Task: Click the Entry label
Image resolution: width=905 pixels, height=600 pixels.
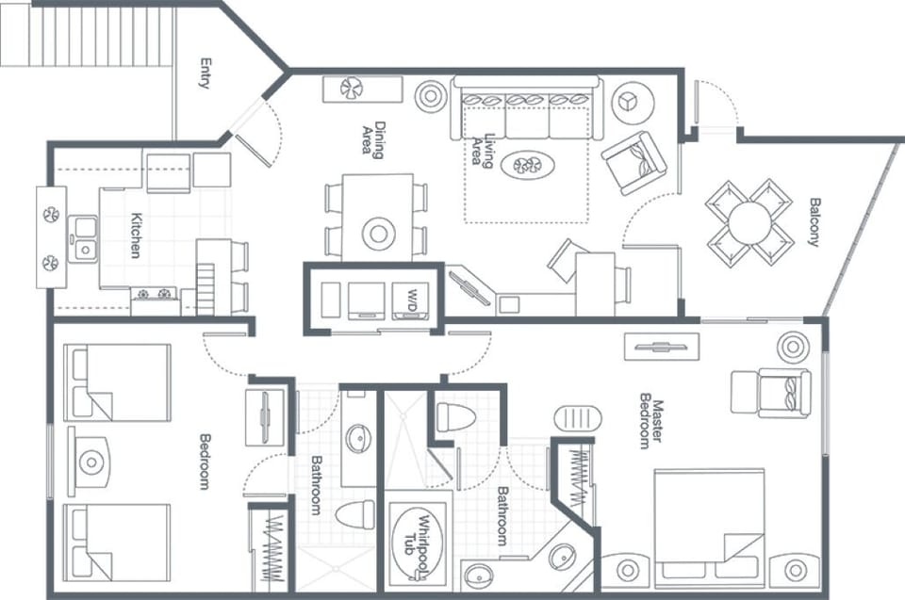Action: click(205, 73)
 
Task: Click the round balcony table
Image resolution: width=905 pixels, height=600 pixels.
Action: click(751, 222)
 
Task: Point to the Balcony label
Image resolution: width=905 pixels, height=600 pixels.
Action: click(814, 221)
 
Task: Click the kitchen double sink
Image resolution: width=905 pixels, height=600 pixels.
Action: click(85, 236)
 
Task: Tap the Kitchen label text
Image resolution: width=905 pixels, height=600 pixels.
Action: click(135, 235)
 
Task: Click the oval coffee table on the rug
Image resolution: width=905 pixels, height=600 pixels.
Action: click(527, 167)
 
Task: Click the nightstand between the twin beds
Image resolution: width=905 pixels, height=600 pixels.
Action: click(91, 462)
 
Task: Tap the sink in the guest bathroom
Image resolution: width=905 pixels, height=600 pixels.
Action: click(358, 438)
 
